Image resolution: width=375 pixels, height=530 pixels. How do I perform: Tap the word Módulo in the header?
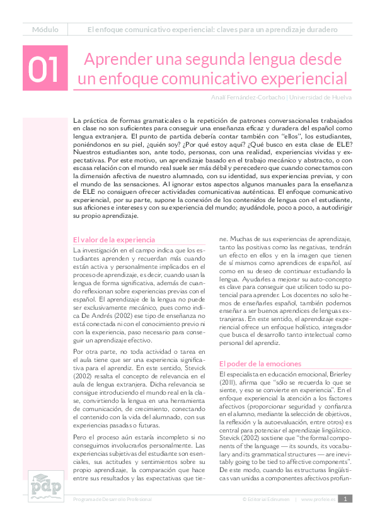45,30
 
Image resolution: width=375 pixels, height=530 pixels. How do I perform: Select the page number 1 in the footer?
345,499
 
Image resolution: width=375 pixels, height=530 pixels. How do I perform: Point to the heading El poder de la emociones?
260,364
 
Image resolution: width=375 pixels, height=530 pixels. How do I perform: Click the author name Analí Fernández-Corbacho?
248,98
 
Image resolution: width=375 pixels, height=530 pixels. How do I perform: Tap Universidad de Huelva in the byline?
320,98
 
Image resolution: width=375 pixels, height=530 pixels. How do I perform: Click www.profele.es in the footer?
318,499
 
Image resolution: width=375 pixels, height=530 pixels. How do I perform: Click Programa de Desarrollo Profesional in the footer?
113,499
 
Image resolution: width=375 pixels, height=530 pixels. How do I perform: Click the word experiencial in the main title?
295,79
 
